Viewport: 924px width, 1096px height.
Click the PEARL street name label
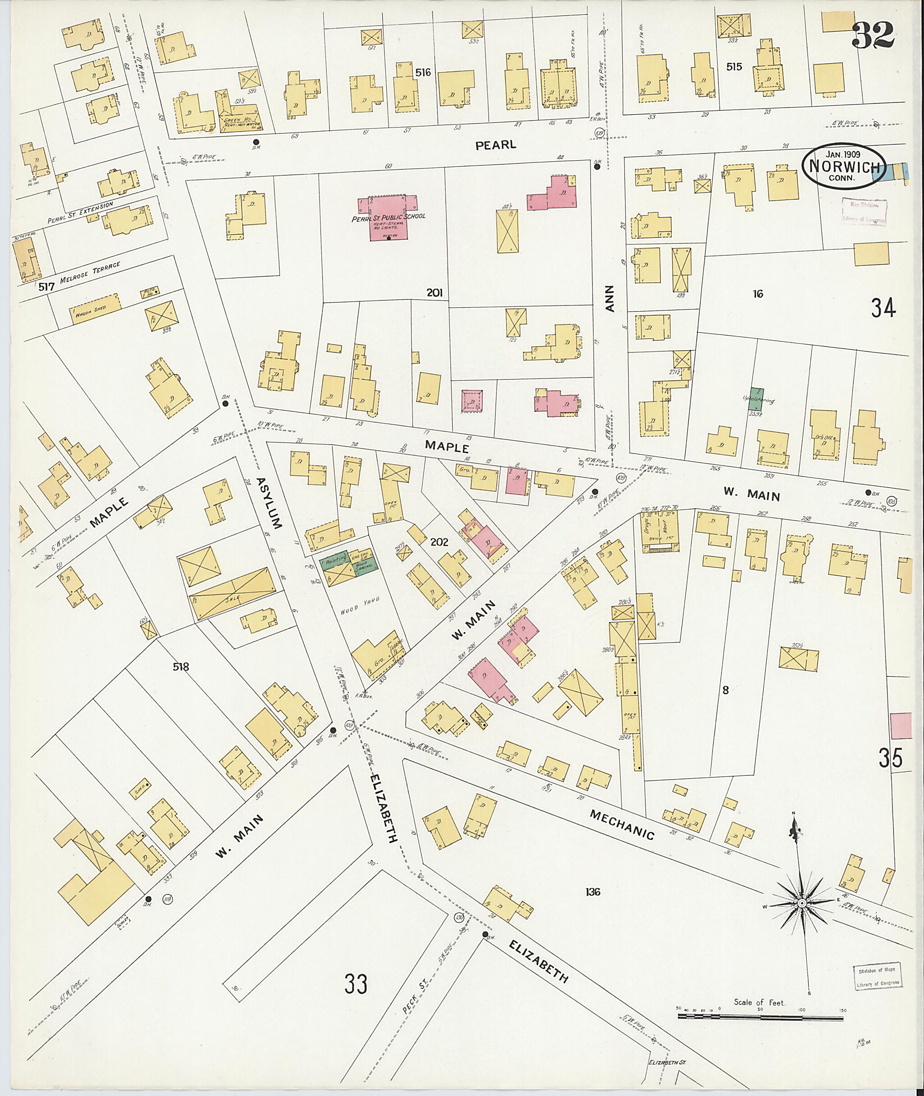[x=495, y=145]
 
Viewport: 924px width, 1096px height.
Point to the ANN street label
[x=609, y=299]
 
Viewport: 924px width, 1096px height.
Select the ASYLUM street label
[x=270, y=503]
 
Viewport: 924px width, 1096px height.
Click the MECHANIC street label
[x=622, y=825]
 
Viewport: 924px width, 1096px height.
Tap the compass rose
[x=801, y=904]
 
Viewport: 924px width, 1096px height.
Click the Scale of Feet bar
[x=761, y=1017]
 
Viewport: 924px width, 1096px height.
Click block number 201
[x=434, y=293]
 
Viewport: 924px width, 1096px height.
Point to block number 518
[x=181, y=667]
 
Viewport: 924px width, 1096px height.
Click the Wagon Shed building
[x=95, y=309]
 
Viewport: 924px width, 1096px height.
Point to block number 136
[x=593, y=892]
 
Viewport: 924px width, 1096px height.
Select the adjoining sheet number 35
[x=891, y=758]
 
